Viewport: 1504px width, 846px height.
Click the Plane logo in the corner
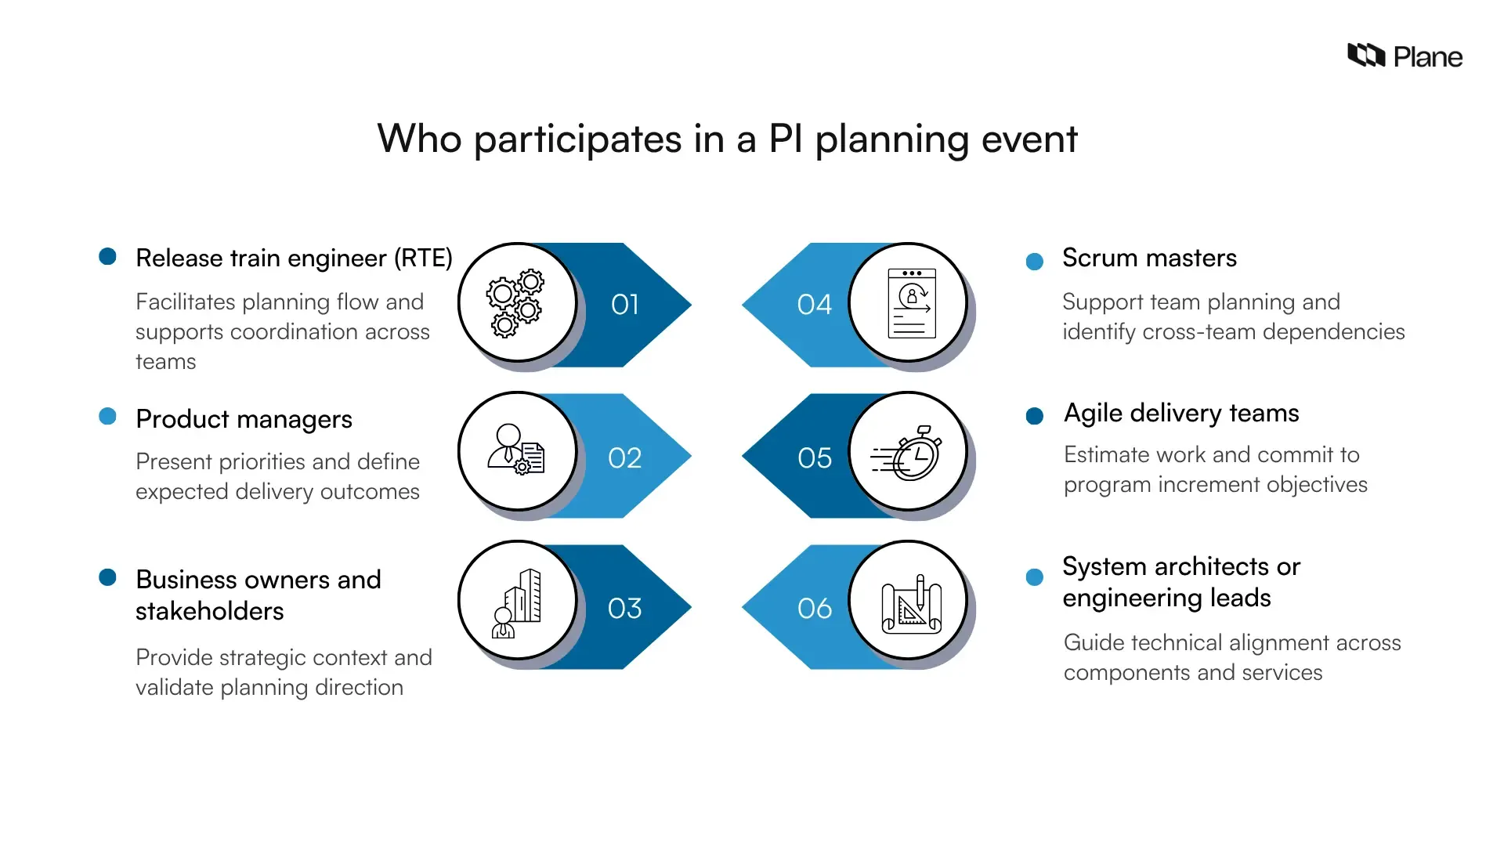[1404, 56]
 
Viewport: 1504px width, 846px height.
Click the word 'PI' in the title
[785, 139]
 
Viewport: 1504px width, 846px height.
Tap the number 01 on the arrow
[625, 305]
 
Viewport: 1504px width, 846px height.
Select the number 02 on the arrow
[625, 457]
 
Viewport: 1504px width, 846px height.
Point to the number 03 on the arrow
[625, 608]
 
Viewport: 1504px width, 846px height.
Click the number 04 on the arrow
[814, 305]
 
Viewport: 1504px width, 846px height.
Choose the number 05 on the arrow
[814, 457]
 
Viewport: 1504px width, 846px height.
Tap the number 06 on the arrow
[814, 608]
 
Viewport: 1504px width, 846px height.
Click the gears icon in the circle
[515, 303]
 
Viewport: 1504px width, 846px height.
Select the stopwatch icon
[909, 454]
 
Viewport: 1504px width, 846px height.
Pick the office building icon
[518, 603]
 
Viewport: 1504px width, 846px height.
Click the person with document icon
[516, 450]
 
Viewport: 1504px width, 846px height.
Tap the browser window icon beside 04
[911, 303]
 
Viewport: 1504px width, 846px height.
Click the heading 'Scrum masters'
[1149, 258]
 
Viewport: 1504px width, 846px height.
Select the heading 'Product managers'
[244, 419]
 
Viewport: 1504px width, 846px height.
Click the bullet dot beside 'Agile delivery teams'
[1034, 416]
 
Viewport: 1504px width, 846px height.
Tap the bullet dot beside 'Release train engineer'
[108, 256]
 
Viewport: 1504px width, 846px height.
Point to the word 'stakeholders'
[210, 611]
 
